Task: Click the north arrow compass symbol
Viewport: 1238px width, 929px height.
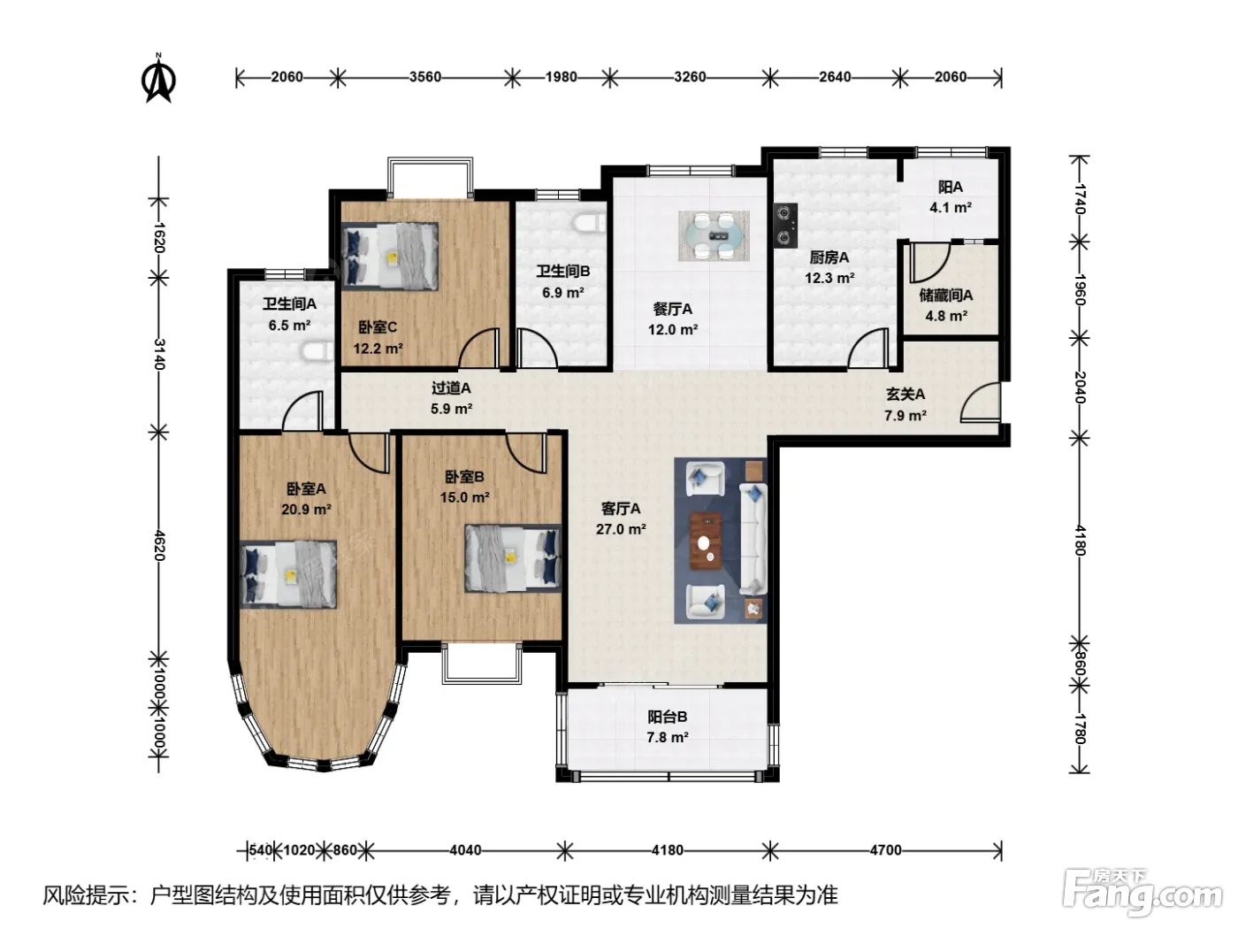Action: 158,79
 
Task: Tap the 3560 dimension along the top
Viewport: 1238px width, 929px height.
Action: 425,77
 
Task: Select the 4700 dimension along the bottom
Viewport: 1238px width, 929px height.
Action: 885,849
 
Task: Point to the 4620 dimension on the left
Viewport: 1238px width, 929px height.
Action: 159,545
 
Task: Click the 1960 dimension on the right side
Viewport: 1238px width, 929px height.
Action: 1080,290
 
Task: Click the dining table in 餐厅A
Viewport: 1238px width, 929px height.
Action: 714,235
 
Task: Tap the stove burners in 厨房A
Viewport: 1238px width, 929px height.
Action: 785,225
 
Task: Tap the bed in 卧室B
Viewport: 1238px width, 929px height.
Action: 513,558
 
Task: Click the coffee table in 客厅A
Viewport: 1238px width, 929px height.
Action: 706,541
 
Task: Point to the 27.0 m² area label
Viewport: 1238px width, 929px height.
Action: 621,529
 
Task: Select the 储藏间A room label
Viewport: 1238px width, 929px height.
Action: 946,295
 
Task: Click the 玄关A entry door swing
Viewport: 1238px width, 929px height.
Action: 981,402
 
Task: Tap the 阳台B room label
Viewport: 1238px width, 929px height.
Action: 668,717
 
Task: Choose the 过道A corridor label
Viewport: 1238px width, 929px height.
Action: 451,388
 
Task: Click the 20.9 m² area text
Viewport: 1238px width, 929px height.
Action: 306,510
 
